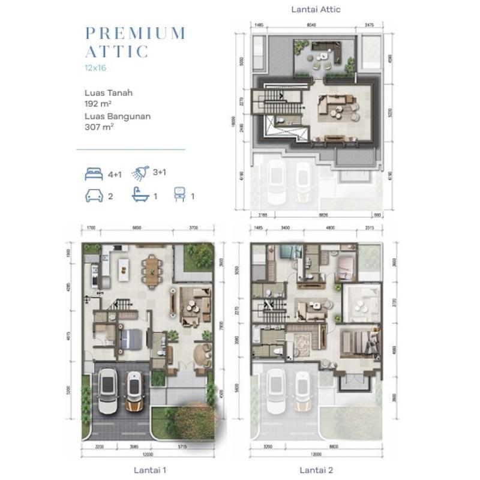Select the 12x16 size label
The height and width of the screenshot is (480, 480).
coord(95,68)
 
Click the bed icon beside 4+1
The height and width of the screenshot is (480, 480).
coord(94,175)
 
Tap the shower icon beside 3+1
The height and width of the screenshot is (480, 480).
coord(140,173)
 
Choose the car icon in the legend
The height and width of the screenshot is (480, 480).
coord(94,196)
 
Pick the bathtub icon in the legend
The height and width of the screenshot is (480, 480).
coord(140,195)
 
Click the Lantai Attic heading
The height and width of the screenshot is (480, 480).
coord(316,10)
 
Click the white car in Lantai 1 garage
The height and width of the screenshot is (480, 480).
coord(108,391)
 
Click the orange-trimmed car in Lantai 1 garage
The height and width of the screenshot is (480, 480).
coord(134,392)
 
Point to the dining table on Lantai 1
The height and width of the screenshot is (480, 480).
coord(152,270)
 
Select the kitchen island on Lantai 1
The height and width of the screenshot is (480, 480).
coord(124,268)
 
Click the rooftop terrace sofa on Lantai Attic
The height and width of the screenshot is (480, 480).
coord(327,51)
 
